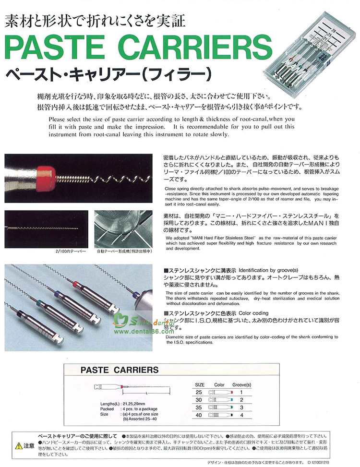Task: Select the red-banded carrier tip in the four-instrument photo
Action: pyautogui.click(x=75, y=286)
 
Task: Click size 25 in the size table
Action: pyautogui.click(x=199, y=392)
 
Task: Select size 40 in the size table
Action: pyautogui.click(x=199, y=415)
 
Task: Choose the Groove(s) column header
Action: pyautogui.click(x=242, y=384)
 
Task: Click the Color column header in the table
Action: pyautogui.click(x=219, y=384)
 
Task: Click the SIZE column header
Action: pyautogui.click(x=200, y=384)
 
